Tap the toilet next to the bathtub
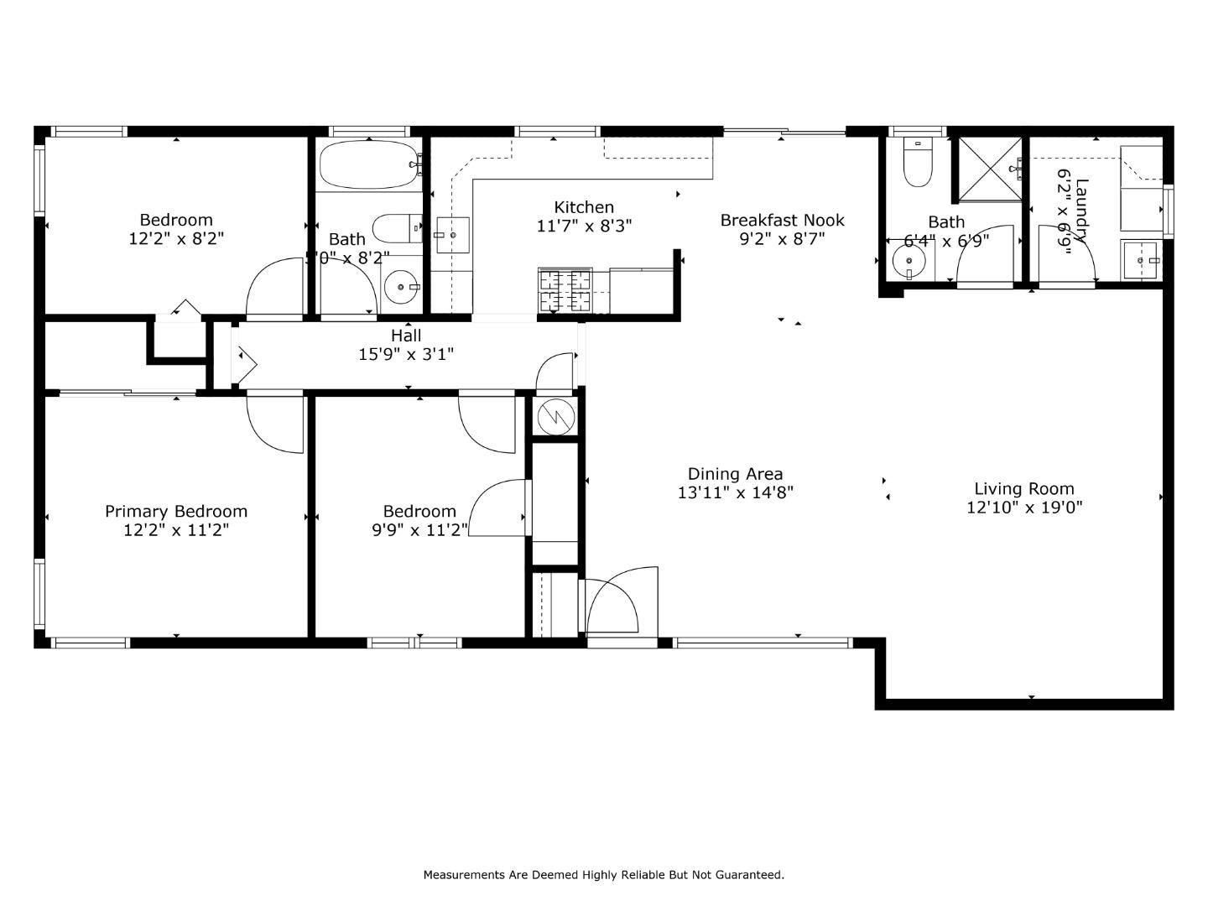396,228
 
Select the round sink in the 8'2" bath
402,288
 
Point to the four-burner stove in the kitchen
564,290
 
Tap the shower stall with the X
990,169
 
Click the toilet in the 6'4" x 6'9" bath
917,163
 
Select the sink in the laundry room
1141,261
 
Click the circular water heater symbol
554,417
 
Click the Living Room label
1023,489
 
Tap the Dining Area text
735,474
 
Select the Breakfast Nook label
782,221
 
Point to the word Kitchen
584,207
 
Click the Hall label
406,336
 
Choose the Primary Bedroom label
176,512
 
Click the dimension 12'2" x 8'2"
176,239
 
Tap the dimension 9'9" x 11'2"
419,530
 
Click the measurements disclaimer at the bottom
603,875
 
